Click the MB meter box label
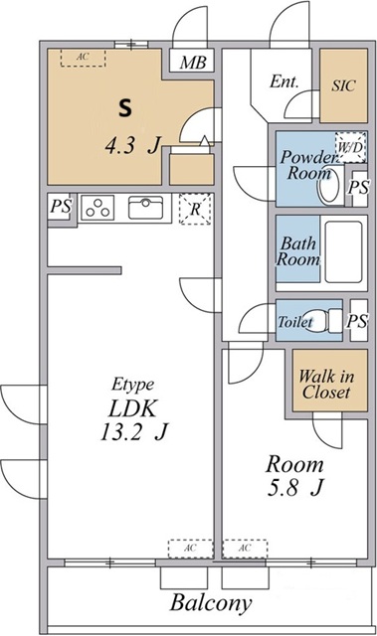[x=193, y=62]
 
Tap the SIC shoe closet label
[x=343, y=85]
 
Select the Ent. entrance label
[x=284, y=81]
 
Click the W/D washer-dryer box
[x=350, y=146]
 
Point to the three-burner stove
[x=97, y=208]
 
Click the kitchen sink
[x=145, y=208]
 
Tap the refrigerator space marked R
[x=195, y=209]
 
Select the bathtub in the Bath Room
[x=343, y=251]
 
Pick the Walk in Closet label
[x=326, y=385]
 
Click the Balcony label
[x=211, y=603]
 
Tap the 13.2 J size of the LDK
[x=133, y=432]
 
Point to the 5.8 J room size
[x=294, y=488]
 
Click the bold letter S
[x=125, y=108]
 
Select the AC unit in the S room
[x=84, y=58]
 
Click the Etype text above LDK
[x=132, y=385]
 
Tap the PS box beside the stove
[x=61, y=207]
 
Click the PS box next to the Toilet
[x=358, y=320]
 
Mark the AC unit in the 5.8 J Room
[x=245, y=549]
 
